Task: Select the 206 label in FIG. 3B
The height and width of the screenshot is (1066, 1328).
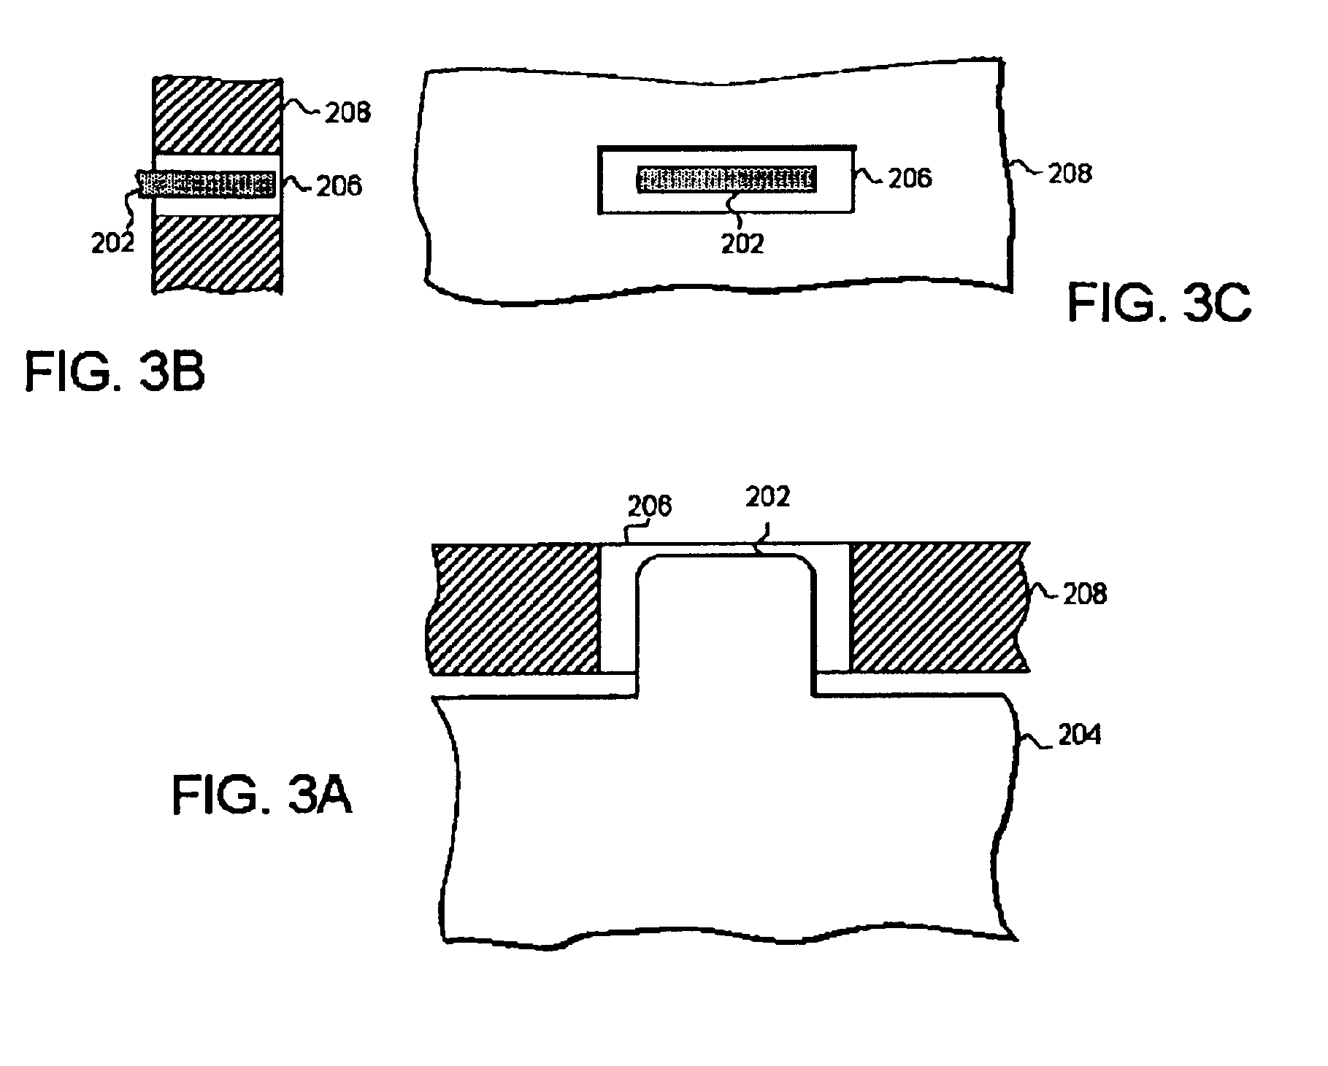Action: point(339,186)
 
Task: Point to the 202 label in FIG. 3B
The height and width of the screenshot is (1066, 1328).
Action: point(113,242)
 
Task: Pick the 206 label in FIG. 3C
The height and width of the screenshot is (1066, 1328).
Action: point(910,178)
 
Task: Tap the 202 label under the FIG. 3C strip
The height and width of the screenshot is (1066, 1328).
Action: point(742,244)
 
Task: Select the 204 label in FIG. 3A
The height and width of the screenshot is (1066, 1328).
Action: point(1080,735)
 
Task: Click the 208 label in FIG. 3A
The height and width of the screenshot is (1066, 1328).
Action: point(1085,594)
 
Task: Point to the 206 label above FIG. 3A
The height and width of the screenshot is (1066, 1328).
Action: point(650,506)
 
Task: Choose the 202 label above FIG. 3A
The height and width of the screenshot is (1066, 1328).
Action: point(768,497)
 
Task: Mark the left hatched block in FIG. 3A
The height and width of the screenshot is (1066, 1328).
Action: point(516,608)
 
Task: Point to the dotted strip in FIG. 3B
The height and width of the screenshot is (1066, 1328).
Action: point(207,185)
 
